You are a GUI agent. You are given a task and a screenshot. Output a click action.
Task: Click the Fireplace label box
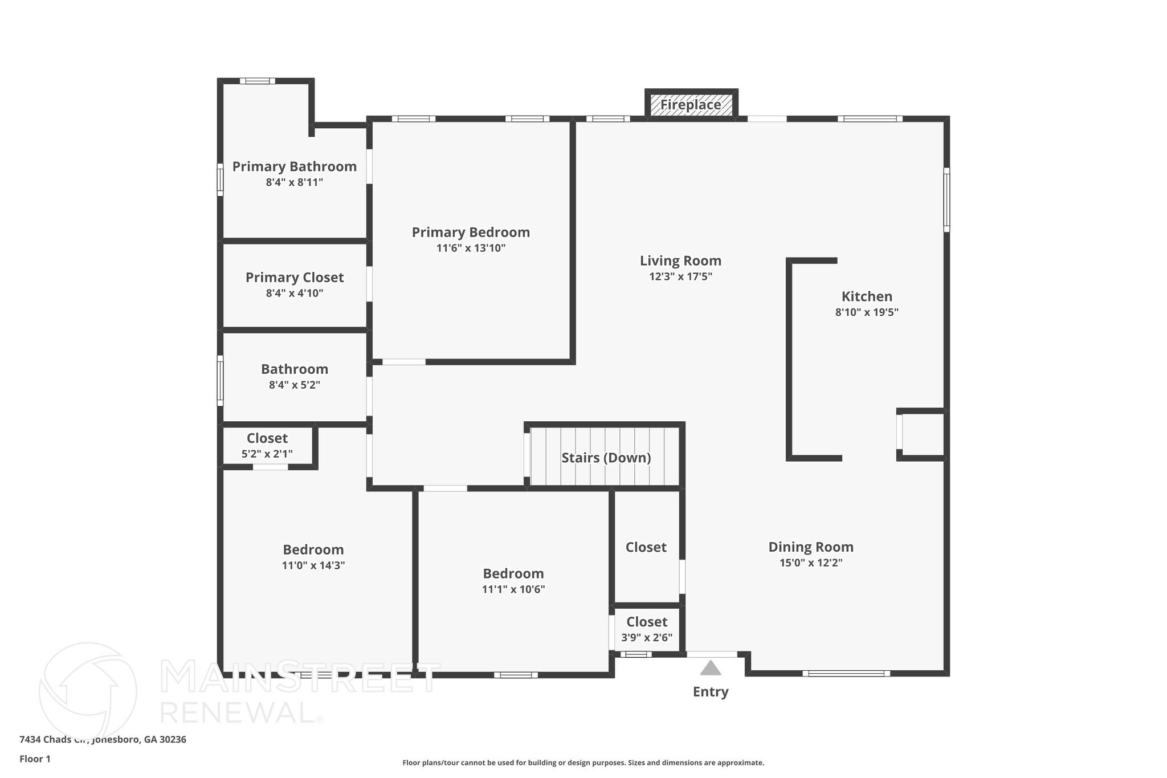(691, 105)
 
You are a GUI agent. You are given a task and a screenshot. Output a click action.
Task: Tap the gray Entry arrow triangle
(711, 668)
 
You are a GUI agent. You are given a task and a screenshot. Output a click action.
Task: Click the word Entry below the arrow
(711, 692)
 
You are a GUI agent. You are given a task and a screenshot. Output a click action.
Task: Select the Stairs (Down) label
(606, 458)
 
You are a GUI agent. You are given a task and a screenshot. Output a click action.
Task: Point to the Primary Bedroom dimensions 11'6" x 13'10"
(471, 248)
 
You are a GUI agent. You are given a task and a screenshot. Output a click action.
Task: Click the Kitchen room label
(867, 296)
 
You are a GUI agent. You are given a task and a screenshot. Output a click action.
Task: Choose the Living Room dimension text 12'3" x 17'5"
(680, 276)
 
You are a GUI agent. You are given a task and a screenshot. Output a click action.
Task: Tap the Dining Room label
(811, 547)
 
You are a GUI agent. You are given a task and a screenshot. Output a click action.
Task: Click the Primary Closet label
(295, 278)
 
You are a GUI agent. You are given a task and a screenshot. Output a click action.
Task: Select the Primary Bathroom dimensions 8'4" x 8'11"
(294, 182)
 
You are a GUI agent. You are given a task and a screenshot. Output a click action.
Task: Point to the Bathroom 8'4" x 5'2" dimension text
(295, 385)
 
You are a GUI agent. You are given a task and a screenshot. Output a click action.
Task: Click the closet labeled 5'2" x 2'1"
(267, 446)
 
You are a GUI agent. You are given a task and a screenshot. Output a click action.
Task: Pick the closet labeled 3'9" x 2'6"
(647, 629)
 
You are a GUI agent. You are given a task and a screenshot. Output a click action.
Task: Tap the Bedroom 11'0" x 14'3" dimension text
(313, 565)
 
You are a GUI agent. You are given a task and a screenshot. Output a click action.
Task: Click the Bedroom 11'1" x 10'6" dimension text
(513, 589)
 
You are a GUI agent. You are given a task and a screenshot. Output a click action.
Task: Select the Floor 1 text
(35, 759)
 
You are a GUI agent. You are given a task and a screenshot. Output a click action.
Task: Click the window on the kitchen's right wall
(946, 199)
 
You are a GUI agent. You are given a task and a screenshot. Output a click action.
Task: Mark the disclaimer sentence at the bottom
(583, 763)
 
